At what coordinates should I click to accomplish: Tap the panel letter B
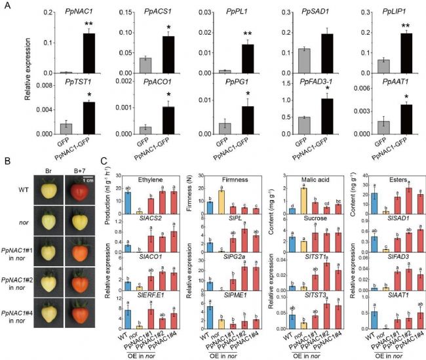7,159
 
